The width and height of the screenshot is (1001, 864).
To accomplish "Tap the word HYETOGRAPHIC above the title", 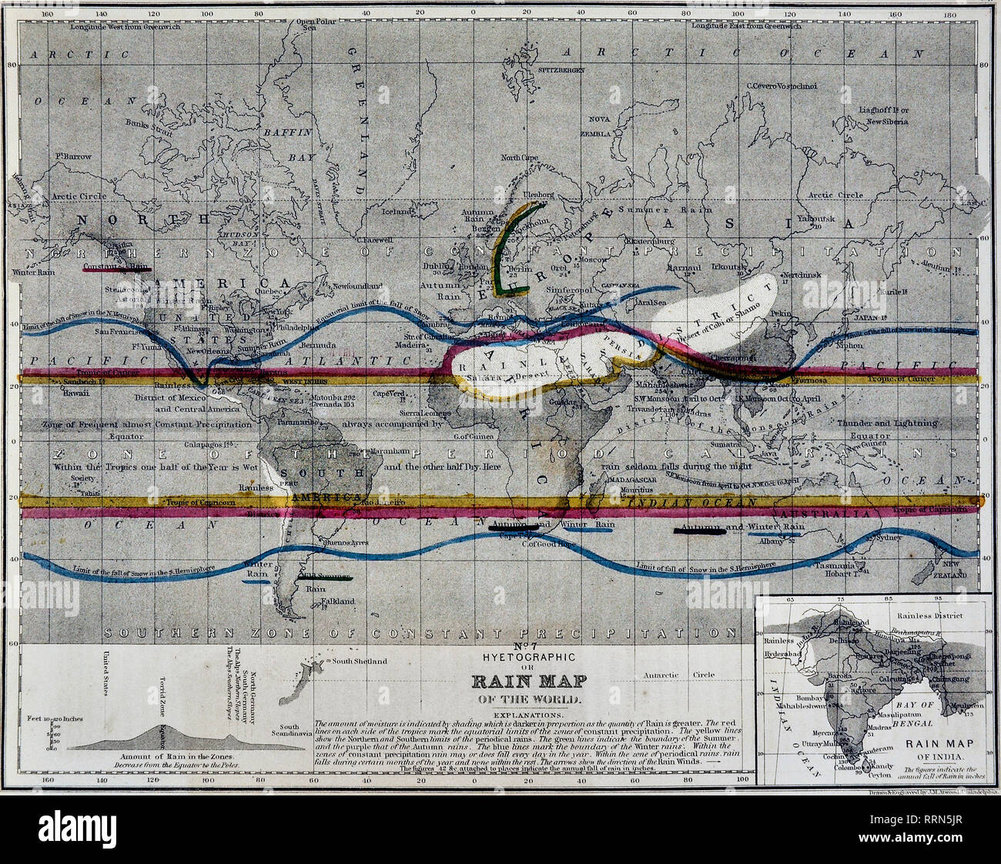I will click(527, 657).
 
